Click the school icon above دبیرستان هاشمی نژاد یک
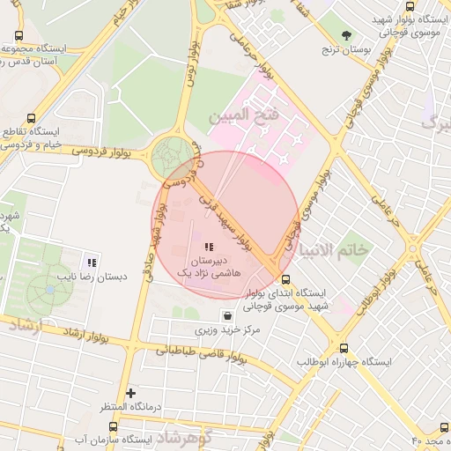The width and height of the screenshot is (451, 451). tap(209, 248)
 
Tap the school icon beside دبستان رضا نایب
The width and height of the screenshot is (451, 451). tap(91, 262)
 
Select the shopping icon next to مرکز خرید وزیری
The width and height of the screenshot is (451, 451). tap(228, 315)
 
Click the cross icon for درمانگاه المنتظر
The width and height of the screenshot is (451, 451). tap(131, 393)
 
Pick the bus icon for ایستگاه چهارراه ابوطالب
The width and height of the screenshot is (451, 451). tap(343, 348)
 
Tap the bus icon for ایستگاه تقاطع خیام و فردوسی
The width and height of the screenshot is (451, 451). tap(33, 118)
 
